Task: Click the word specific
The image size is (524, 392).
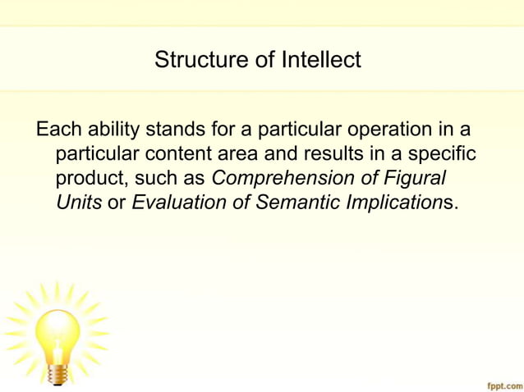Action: [444, 154]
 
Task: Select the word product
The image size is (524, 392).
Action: [90, 179]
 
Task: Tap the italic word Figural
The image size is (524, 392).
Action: [416, 179]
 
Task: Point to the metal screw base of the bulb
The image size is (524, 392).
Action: [57, 374]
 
